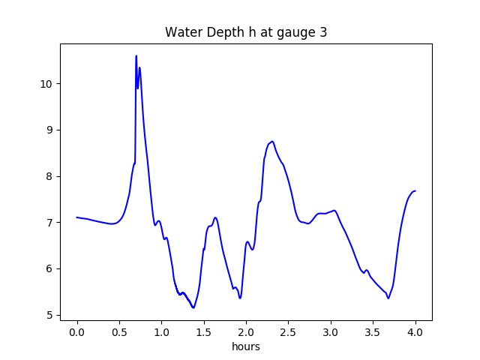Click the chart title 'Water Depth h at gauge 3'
[x=246, y=32]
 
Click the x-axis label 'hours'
[x=246, y=347]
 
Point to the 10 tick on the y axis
[x=46, y=83]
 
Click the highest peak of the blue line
[x=136, y=56]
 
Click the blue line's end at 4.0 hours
[x=415, y=190]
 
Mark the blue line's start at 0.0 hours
[x=77, y=217]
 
